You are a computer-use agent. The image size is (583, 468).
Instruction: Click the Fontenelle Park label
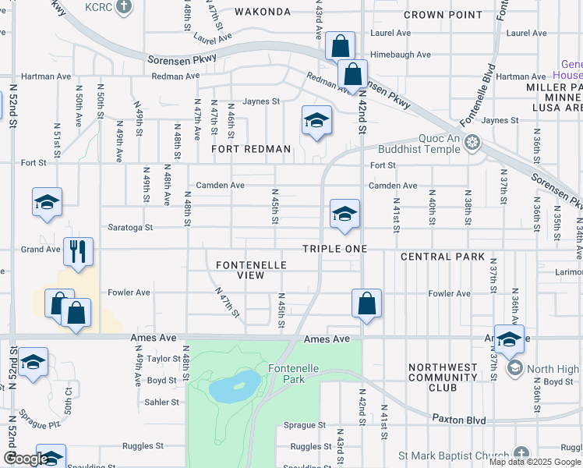coord(290,373)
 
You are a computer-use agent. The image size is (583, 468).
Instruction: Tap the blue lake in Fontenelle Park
coord(235,385)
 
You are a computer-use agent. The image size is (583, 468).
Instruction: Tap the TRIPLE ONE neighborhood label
coord(335,248)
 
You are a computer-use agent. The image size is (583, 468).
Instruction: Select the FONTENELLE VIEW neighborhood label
coord(250,271)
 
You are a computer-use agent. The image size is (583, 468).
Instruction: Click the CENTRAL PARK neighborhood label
coord(443,257)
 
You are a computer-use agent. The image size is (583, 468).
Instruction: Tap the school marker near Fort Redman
coord(316,120)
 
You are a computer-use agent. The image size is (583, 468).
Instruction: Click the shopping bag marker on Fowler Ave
coord(366,303)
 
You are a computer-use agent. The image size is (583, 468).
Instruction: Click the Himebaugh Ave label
coord(401,55)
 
